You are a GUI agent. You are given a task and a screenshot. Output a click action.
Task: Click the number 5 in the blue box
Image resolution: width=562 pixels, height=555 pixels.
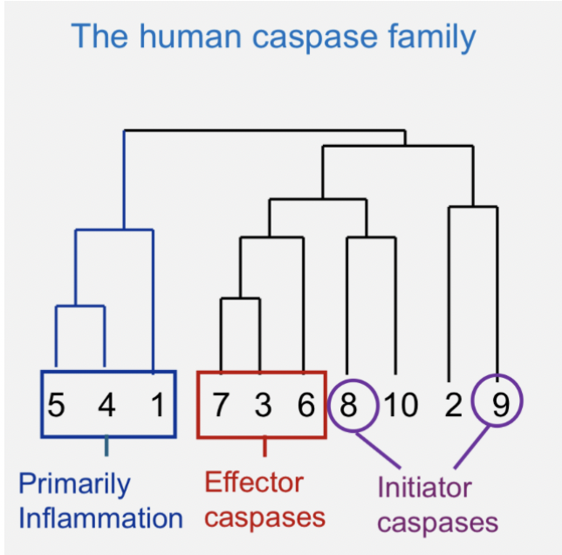pyautogui.click(x=57, y=405)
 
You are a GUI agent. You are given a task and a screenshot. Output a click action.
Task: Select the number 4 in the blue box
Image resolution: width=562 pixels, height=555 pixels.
pyautogui.click(x=106, y=405)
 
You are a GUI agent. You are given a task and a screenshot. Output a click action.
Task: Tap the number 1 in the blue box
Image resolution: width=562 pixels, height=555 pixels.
pyautogui.click(x=157, y=405)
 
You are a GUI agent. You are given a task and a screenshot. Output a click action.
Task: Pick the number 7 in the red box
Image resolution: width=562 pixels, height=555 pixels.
pyautogui.click(x=221, y=405)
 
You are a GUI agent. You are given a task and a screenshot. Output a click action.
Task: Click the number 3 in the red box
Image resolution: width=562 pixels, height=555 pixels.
pyautogui.click(x=264, y=405)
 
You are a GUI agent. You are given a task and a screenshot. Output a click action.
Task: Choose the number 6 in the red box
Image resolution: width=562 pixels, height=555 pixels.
pyautogui.click(x=305, y=405)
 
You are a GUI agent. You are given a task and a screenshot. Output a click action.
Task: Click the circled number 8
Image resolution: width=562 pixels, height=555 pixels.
pyautogui.click(x=350, y=405)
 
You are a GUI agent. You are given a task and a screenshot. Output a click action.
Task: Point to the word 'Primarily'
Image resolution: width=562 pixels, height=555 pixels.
pyautogui.click(x=74, y=484)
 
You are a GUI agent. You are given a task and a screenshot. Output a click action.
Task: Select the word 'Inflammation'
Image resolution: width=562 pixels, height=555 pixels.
pyautogui.click(x=100, y=518)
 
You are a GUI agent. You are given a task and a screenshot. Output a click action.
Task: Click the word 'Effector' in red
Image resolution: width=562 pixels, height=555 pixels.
pyautogui.click(x=254, y=482)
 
